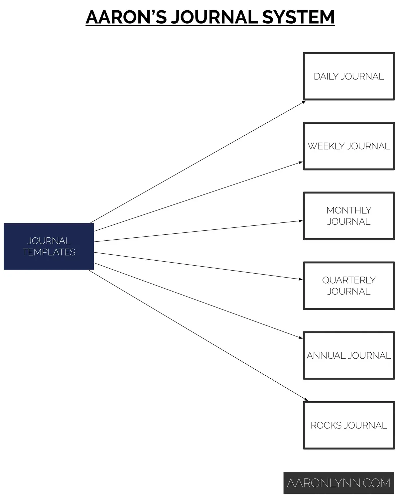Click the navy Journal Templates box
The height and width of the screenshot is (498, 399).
point(49,246)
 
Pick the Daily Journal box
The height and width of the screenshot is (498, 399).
point(349,76)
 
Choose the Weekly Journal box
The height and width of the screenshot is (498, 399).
point(349,146)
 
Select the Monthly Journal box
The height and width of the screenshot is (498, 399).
point(349,216)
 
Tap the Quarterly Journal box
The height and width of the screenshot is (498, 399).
point(349,286)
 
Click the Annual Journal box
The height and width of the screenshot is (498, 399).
point(349,355)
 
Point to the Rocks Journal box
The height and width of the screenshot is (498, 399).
point(349,425)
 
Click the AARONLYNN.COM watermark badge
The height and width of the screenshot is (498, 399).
point(338,483)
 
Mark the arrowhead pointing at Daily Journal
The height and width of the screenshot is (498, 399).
point(304,101)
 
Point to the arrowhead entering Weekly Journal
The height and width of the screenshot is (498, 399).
point(301,163)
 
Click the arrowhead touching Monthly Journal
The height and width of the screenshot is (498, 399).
point(301,221)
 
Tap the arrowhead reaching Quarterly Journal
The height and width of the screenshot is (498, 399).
point(301,279)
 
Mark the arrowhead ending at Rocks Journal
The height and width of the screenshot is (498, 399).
point(306,400)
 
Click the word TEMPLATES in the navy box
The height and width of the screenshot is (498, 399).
point(49,252)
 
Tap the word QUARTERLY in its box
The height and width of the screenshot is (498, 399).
point(349,280)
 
